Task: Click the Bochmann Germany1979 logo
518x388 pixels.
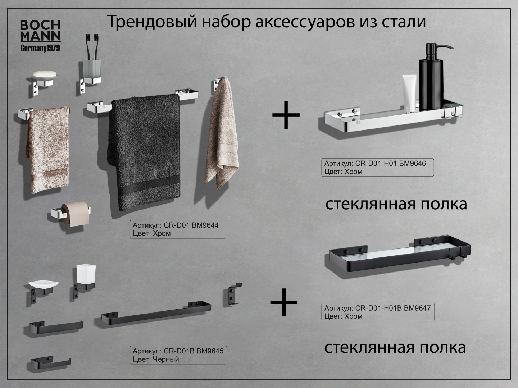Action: [x=40, y=36]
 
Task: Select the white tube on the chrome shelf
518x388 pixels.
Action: [x=409, y=93]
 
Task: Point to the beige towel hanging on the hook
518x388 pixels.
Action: [x=221, y=132]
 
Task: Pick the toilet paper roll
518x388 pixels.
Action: [x=76, y=214]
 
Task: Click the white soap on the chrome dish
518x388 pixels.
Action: [x=45, y=75]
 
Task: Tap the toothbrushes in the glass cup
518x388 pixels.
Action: [x=92, y=47]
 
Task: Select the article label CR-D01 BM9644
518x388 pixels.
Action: [x=178, y=229]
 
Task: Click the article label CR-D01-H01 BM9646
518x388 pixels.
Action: [x=378, y=167]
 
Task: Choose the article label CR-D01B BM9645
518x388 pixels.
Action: [x=178, y=355]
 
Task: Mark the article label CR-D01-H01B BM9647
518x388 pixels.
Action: [x=378, y=312]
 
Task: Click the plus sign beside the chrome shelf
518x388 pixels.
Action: [x=286, y=115]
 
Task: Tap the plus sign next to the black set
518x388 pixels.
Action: [x=284, y=302]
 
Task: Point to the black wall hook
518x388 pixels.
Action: [x=232, y=295]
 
